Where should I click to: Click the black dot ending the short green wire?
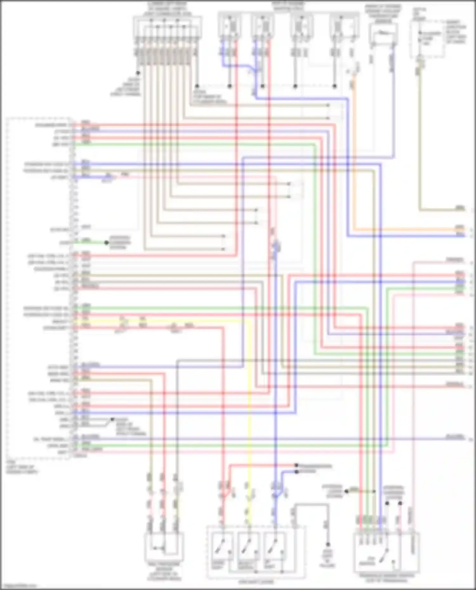point(107,243)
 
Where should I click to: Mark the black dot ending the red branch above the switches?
point(296,465)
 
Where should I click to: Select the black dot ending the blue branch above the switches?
point(296,472)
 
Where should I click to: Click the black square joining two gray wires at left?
point(112,419)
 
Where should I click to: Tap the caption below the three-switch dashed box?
point(256,582)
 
